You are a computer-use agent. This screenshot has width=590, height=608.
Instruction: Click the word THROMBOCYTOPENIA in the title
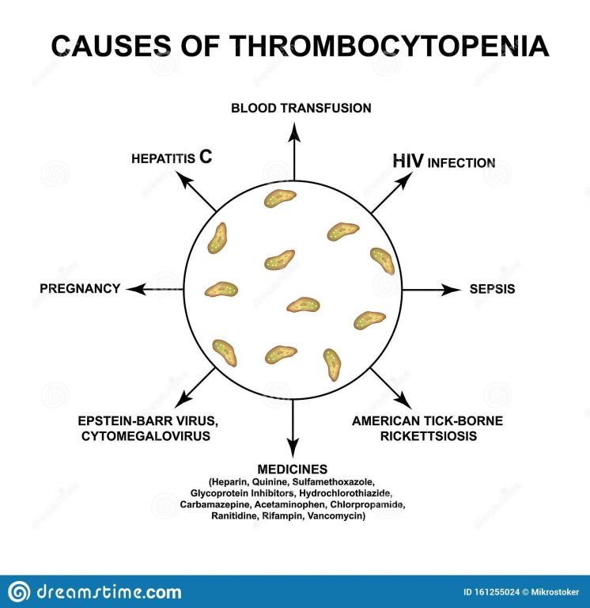(x=390, y=46)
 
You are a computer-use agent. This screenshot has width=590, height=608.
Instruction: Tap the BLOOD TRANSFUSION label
(x=301, y=108)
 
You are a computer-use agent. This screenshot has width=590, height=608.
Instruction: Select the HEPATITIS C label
(x=172, y=157)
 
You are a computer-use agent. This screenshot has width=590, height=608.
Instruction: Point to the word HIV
(x=408, y=161)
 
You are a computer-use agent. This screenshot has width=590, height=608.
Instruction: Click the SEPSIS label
(x=492, y=289)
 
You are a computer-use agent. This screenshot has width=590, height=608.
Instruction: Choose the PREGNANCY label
(x=80, y=288)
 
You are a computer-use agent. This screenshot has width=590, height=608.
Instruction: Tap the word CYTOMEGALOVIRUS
(x=146, y=436)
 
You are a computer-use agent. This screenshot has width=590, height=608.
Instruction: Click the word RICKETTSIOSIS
(x=428, y=436)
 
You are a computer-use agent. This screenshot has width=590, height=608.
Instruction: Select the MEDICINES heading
(x=293, y=469)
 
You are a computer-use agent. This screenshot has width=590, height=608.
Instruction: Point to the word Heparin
(x=230, y=482)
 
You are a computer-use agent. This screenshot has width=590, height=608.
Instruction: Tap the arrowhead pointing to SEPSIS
(x=452, y=289)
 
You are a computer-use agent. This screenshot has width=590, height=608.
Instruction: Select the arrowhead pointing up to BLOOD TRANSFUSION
(x=294, y=132)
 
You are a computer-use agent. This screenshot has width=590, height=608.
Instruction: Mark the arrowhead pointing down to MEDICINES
(x=293, y=448)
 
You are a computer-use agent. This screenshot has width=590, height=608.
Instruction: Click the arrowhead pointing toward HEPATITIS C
(x=185, y=179)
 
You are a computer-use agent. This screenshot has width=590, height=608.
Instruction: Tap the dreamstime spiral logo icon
(x=19, y=591)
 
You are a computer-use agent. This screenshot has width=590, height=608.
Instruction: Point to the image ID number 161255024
(x=496, y=592)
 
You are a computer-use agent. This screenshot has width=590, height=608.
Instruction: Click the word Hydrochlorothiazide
(x=346, y=493)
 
